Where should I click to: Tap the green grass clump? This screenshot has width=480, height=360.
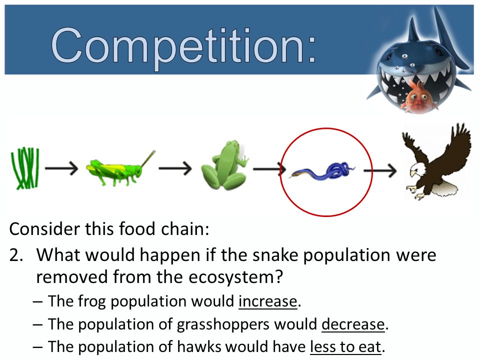[24, 168]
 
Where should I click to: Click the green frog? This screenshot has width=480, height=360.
[224, 165]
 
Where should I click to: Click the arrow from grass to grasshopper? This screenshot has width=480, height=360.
[61, 168]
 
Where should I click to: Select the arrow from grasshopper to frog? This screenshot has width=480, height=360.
[175, 168]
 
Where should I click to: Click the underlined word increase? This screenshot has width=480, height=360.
[267, 301]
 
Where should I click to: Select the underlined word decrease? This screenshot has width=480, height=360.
[353, 324]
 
